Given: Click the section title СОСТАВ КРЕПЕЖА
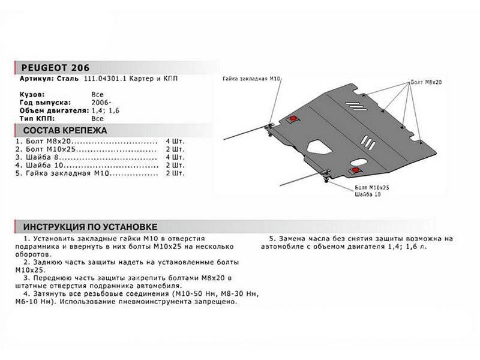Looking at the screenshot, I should (x=59, y=130).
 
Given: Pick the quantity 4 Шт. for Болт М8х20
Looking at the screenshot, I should (x=175, y=140).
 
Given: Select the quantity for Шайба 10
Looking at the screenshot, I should (x=175, y=164).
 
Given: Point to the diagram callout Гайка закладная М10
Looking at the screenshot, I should (x=252, y=79).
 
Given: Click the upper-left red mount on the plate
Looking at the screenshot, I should (x=292, y=118).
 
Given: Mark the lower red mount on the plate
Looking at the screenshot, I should (x=358, y=170).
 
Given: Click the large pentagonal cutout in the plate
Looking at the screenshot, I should (x=316, y=146).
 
